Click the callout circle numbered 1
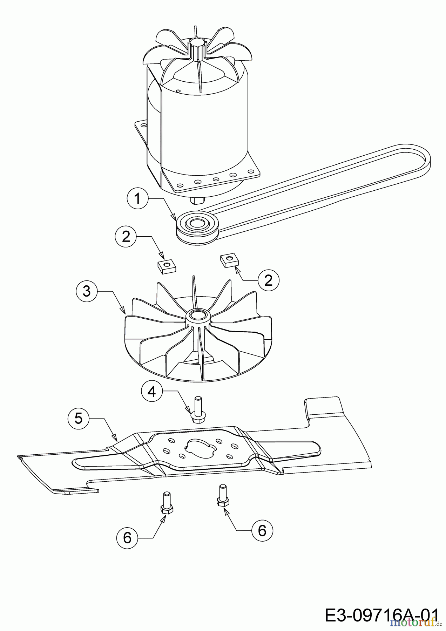(x=137, y=199)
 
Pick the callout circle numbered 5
(x=78, y=418)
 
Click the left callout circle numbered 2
(x=126, y=237)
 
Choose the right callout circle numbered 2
(x=268, y=280)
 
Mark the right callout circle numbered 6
(x=262, y=530)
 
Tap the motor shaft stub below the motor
(x=197, y=200)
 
